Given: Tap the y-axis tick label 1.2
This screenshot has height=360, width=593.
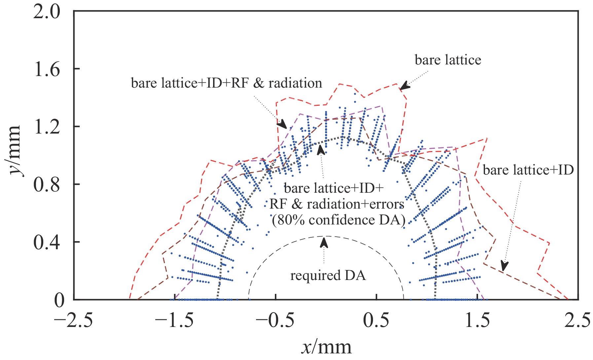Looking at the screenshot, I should [x=47, y=127].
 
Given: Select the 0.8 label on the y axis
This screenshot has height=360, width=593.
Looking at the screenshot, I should [x=47, y=184].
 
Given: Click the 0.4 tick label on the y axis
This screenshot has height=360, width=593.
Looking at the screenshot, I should [x=47, y=242].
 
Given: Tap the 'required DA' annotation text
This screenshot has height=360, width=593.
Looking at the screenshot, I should [x=328, y=275].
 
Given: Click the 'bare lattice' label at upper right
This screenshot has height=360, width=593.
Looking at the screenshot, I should [x=448, y=60].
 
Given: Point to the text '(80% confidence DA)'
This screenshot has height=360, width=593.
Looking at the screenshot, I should [x=339, y=220].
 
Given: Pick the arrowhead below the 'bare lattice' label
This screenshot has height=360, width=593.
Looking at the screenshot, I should [x=405, y=87].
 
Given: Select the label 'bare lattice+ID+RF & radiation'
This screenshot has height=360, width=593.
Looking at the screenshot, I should [x=227, y=83].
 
